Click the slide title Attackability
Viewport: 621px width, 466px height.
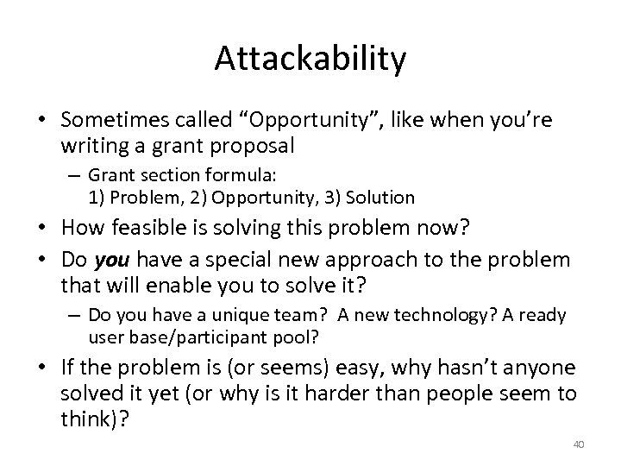click(310, 59)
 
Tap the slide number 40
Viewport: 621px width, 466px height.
click(579, 444)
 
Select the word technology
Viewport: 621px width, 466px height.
click(419, 317)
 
